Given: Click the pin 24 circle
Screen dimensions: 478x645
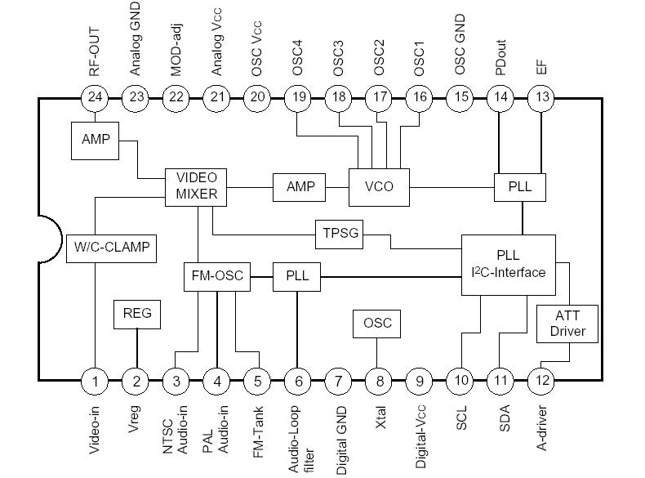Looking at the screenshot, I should coord(96,97).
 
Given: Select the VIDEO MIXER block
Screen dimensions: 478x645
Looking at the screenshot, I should coord(197,186).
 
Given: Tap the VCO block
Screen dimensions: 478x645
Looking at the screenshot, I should coord(378,186).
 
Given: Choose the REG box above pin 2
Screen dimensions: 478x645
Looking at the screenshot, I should coord(136,313).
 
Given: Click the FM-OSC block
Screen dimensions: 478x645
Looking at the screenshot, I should coord(216,275).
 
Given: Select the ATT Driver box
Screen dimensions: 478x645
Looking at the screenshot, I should coord(567,325).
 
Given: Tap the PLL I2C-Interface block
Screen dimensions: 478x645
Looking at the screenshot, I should coord(509,265).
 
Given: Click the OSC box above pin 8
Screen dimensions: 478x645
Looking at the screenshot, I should coord(376,323).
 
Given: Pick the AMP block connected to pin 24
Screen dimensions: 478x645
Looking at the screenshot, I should coord(96,138).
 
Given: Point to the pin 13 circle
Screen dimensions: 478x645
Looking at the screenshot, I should coord(541,97).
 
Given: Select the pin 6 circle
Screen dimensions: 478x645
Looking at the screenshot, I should coord(298,380).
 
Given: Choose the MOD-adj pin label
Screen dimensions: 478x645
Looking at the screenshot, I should coord(176,49).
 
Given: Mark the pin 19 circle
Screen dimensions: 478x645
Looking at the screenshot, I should coord(298,97).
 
